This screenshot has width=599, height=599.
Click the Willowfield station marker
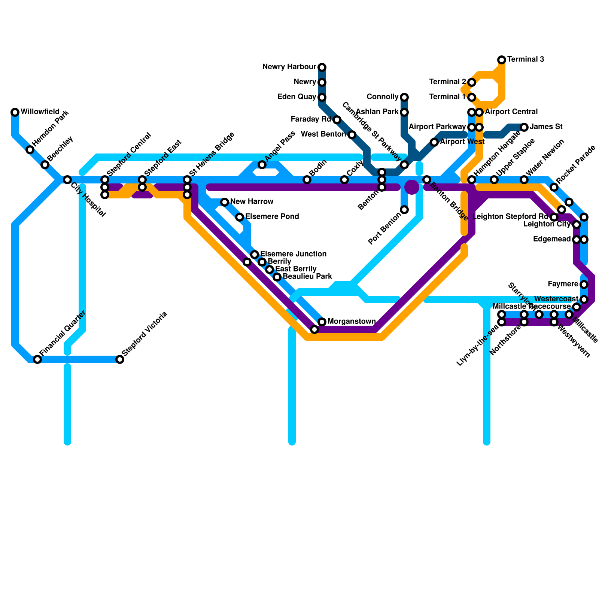15,112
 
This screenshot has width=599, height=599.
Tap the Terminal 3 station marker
502,60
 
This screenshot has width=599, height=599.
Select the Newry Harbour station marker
322,67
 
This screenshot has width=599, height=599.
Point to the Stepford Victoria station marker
120,359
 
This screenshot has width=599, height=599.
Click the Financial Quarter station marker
37,359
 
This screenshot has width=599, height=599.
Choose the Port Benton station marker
404,210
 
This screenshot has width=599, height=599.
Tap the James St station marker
524,127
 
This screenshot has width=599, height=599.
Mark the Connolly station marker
404,97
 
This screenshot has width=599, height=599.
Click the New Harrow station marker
225,202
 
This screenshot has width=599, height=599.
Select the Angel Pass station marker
262,165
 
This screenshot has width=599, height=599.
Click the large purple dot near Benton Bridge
412,187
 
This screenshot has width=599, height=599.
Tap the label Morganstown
352,322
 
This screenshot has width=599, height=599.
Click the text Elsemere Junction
293,254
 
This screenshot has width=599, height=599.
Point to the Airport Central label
511,112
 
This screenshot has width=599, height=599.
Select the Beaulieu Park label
307,277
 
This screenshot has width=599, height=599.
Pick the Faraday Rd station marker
337,120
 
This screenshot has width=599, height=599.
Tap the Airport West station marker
434,142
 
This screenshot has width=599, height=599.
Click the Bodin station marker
307,180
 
